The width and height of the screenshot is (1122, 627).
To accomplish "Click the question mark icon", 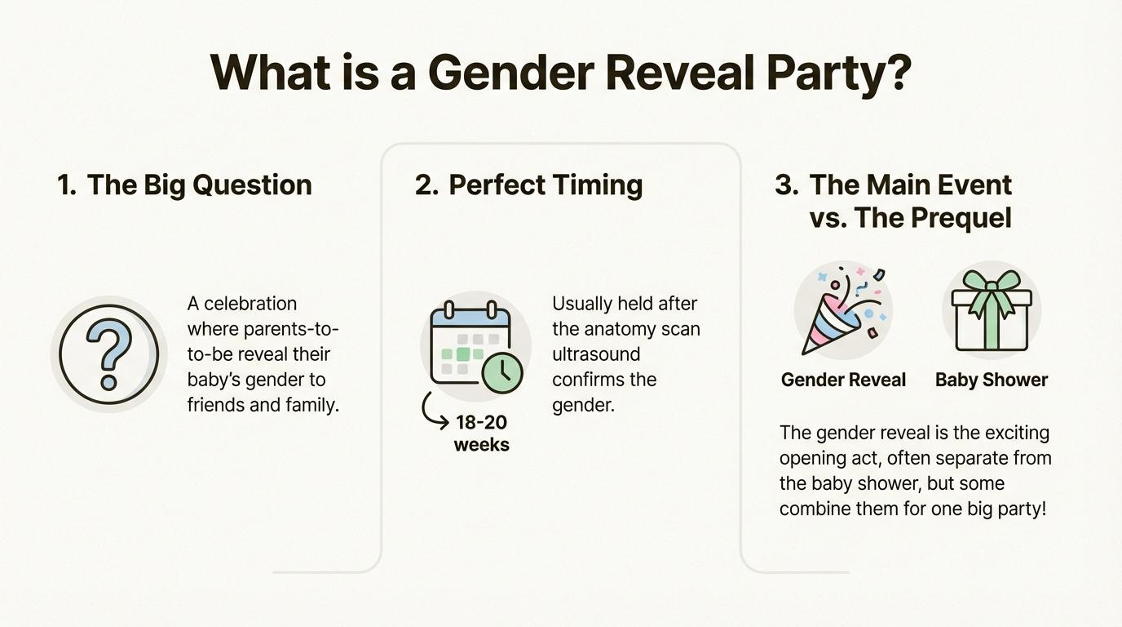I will click(x=108, y=354).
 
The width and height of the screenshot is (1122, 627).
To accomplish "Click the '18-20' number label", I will click(x=481, y=422).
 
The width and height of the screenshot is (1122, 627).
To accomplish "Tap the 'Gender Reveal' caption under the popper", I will click(x=843, y=380).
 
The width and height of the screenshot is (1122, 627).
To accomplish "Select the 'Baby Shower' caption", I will click(x=992, y=380).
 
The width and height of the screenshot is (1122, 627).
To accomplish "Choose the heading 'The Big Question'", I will click(x=199, y=185).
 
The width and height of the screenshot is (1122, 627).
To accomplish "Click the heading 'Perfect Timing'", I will click(x=546, y=185).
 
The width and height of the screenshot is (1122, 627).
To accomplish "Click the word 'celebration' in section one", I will click(x=250, y=304).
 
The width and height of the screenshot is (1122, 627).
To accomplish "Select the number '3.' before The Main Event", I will click(x=787, y=185).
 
